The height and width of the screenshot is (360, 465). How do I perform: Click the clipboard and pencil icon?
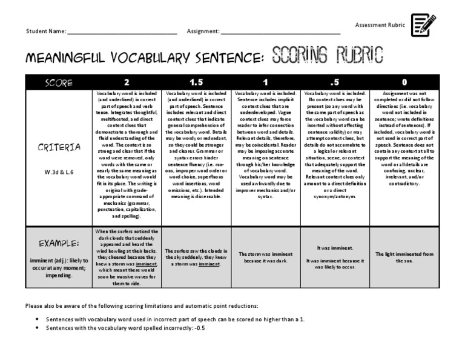[424, 25]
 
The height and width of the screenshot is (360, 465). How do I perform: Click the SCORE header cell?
[58, 82]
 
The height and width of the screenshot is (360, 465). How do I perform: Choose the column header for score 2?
[126, 82]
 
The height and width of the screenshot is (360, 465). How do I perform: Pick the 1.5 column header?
[196, 82]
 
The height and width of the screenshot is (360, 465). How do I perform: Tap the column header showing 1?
[265, 82]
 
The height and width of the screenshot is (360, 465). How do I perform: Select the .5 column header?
[335, 82]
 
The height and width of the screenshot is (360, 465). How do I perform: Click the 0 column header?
[404, 82]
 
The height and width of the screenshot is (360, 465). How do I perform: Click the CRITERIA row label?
[59, 147]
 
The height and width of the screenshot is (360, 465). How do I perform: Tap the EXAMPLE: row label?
[59, 243]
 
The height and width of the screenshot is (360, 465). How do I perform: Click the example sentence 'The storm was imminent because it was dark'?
[266, 258]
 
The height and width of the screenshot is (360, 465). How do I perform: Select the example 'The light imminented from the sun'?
[404, 257]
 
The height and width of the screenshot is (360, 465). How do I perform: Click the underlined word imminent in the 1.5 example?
[209, 265]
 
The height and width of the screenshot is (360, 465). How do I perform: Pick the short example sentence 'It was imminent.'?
[335, 248]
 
